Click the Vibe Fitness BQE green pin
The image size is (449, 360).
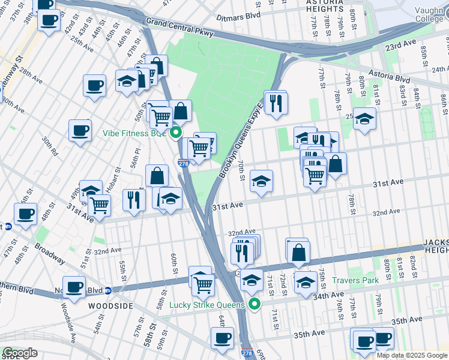point(176,133)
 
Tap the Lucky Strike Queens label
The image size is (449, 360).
point(207,305)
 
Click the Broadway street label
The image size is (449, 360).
point(49,253)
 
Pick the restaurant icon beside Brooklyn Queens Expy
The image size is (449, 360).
point(276,103)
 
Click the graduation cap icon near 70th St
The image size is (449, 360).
point(261,181)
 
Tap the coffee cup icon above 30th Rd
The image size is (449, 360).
point(80,130)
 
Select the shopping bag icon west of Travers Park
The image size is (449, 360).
point(298,251)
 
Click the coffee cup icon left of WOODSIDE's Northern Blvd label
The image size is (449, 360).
point(74,287)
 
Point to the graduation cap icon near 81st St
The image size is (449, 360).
point(364,118)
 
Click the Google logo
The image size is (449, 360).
point(19,353)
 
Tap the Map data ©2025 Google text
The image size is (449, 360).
point(412,355)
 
